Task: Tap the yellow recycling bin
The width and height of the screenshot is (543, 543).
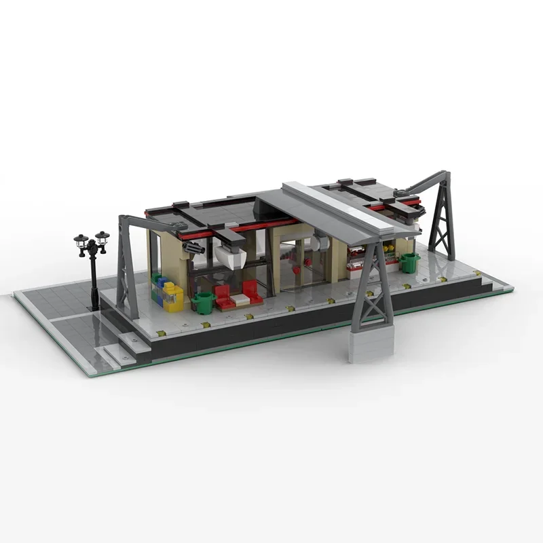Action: point(173,298)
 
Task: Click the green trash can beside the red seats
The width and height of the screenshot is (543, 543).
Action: point(203,303)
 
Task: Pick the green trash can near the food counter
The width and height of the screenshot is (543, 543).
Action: point(409,262)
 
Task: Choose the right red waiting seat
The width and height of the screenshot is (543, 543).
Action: point(252,292)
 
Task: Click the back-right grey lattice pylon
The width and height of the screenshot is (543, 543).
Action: point(441,221)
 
